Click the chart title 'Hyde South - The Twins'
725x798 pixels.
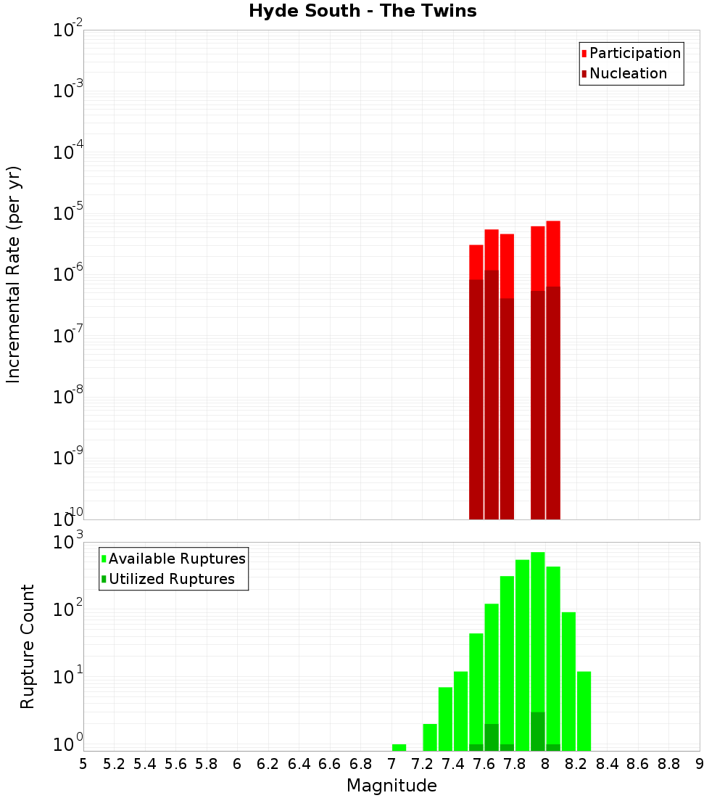coord(362,12)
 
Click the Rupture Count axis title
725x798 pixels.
coord(28,646)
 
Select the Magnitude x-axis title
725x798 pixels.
coord(391,786)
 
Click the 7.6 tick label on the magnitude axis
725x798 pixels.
coord(484,764)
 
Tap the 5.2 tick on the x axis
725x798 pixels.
coord(114,764)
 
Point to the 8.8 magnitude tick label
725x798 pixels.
coord(668,764)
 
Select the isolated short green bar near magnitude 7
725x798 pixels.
coord(399,747)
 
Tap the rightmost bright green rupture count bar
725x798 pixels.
coord(584,711)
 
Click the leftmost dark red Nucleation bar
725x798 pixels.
coord(476,399)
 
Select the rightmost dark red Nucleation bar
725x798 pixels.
coord(553,403)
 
